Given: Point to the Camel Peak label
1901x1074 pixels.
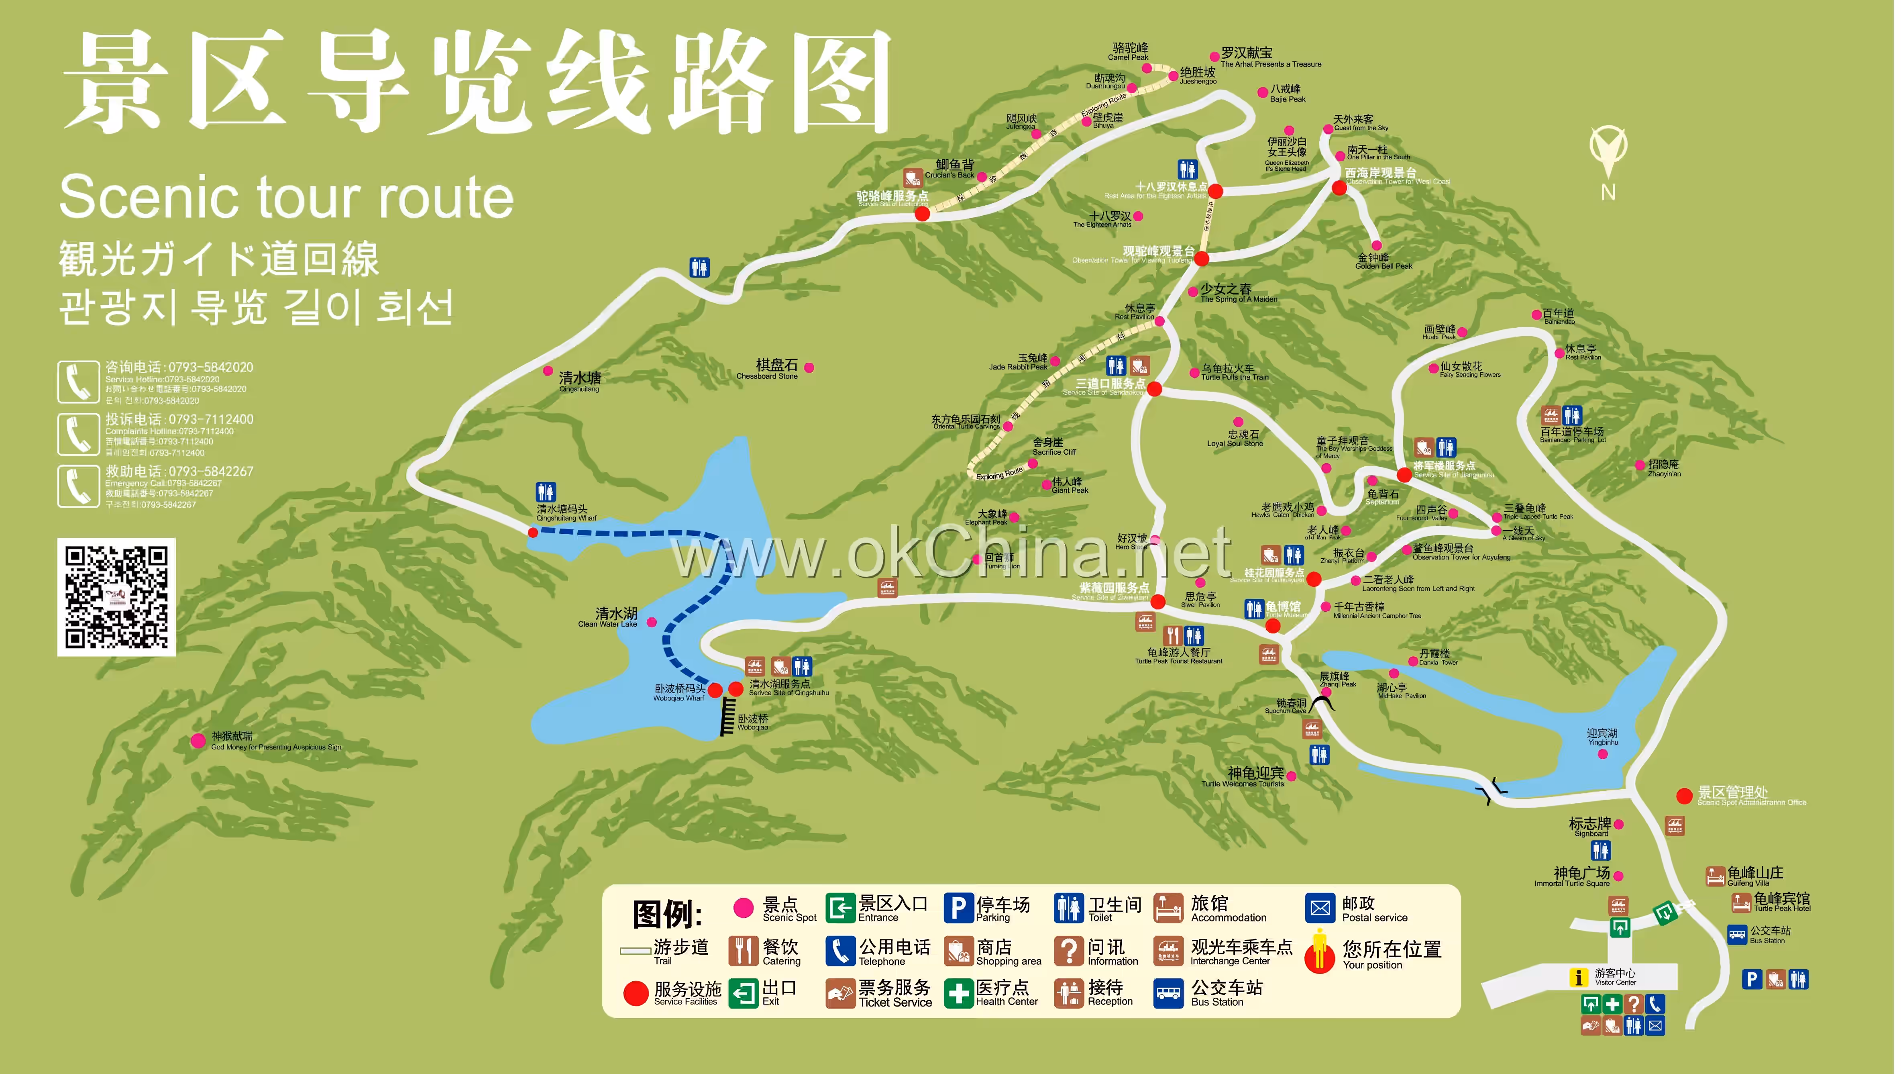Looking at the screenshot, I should [x=1129, y=52].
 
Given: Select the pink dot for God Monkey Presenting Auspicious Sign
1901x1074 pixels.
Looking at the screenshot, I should [x=198, y=740].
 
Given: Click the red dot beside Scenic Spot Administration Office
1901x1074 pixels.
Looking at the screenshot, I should [x=1684, y=796].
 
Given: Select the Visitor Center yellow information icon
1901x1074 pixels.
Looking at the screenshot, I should [x=1578, y=977].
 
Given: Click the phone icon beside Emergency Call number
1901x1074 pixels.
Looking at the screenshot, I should [x=78, y=486].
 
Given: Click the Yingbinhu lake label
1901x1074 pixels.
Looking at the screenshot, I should [x=1602, y=737].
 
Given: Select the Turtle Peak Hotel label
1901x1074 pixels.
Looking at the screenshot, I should [x=1781, y=902].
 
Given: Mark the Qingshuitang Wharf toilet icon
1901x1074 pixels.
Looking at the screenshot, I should [x=545, y=492].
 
